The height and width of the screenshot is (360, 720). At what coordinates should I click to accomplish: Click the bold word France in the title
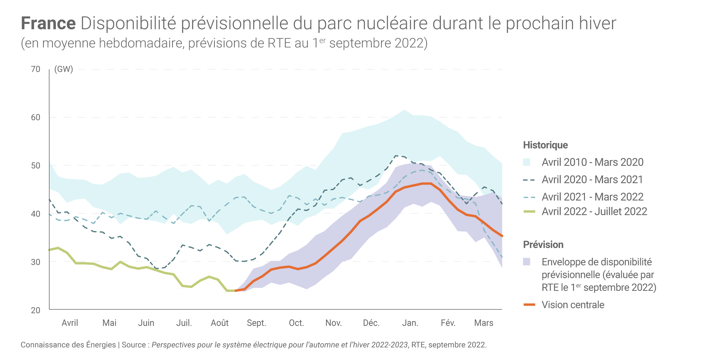(48, 23)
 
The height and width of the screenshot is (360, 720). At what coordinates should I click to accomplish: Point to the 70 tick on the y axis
(36, 69)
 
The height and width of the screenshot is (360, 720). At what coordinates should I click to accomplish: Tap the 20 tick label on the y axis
(36, 310)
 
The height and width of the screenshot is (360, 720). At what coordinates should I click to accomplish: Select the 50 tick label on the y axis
(36, 166)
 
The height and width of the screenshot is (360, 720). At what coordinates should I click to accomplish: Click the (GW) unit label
(64, 69)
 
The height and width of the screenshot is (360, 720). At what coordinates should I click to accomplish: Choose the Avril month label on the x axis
(70, 323)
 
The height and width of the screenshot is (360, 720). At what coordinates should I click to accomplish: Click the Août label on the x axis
(219, 323)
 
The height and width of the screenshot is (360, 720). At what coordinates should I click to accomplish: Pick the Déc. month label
(371, 323)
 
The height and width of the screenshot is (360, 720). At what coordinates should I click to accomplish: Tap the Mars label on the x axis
(484, 323)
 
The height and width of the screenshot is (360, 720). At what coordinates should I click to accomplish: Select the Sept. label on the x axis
(256, 323)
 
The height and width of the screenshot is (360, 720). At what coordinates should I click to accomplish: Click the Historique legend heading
(545, 145)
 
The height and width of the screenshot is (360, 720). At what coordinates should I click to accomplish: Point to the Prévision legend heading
(543, 245)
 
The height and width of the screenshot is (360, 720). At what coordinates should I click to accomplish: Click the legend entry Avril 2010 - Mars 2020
(592, 162)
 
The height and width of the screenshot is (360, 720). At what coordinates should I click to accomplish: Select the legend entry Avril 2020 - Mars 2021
(592, 179)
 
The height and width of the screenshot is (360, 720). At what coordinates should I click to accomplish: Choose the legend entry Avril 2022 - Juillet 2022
(594, 211)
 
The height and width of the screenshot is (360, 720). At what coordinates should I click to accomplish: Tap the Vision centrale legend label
(573, 305)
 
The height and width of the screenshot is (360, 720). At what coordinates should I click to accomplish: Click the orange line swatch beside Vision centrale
(529, 305)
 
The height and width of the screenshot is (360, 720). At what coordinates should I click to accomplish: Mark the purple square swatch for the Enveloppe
(527, 262)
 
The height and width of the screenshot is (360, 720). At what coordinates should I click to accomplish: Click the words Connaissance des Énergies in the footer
(68, 345)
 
